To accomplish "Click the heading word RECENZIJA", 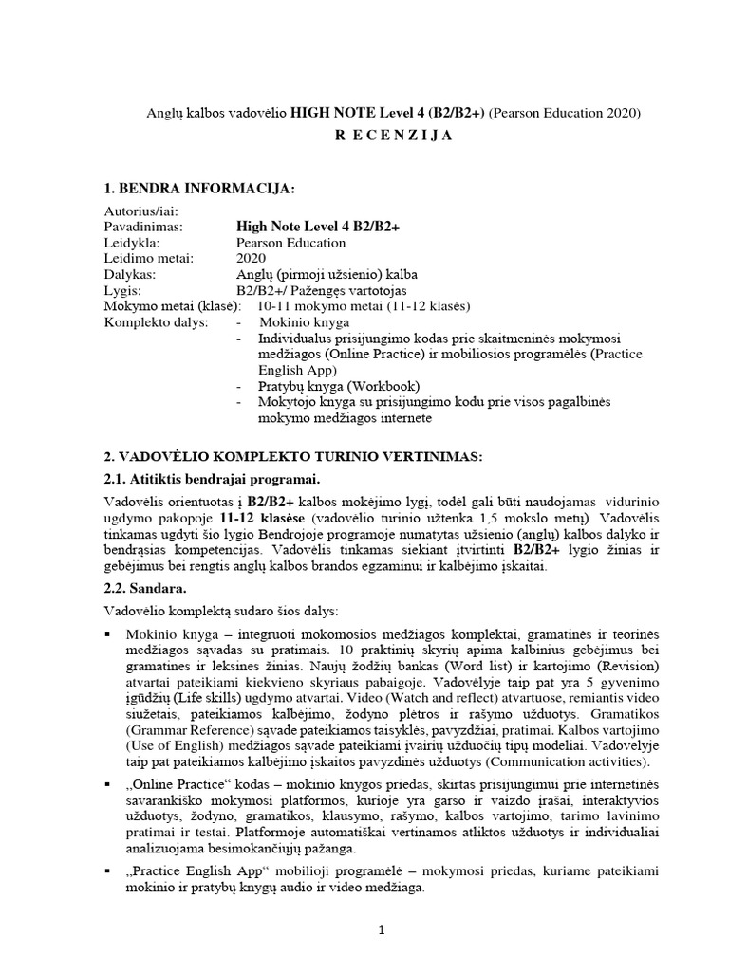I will pyautogui.click(x=394, y=136).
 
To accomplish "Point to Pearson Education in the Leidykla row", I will pyautogui.click(x=290, y=243).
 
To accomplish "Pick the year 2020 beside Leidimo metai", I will pyautogui.click(x=252, y=258).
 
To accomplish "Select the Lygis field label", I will pyautogui.click(x=121, y=290).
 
